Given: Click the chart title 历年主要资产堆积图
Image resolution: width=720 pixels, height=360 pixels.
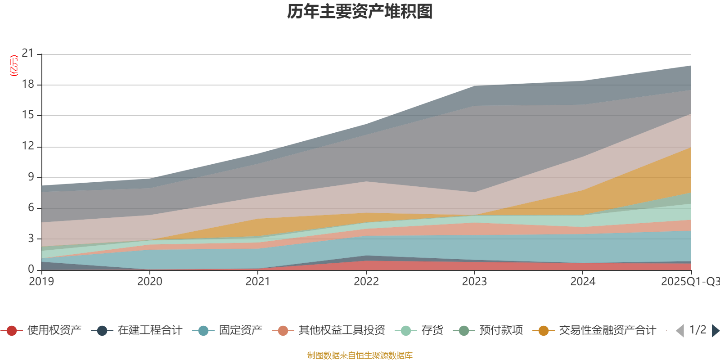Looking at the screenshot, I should point(360,12).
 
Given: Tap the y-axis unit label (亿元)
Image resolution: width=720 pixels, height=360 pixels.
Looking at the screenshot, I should point(14,66).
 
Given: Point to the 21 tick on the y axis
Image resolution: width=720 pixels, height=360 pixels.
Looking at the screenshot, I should point(28,54).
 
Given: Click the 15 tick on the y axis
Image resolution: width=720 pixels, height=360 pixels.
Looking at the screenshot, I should point(28,115).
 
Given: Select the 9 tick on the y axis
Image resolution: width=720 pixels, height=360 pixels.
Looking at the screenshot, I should point(31,177).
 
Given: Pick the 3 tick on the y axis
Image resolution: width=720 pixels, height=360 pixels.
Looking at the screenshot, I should point(31,238).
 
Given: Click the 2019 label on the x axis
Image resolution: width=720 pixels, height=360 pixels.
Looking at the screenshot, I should point(41,282).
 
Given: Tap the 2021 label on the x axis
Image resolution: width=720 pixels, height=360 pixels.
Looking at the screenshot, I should point(258,282).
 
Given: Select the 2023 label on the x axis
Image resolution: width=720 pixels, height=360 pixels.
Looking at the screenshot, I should point(474,282).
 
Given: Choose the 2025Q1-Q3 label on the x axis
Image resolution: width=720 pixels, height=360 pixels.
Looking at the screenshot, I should point(689,282).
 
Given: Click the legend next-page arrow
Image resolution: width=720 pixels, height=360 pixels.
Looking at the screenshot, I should point(715,331).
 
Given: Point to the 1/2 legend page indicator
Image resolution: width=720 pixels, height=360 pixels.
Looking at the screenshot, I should point(697,330).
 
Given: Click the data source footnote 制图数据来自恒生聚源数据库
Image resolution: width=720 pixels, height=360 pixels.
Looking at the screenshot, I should point(360,355).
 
